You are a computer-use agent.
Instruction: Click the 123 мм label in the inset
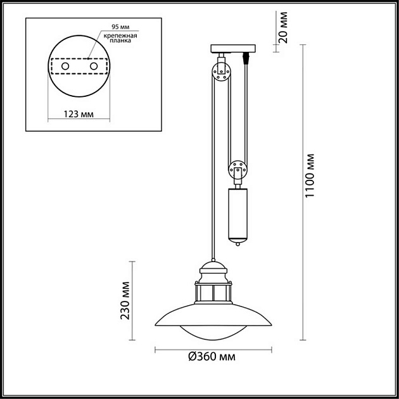[79, 114]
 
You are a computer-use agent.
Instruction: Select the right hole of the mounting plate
[94, 65]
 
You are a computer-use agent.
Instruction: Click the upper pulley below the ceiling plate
[220, 73]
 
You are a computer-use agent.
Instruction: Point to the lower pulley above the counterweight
[238, 171]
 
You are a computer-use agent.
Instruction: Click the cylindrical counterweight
[238, 213]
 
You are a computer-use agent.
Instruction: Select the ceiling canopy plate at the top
[232, 49]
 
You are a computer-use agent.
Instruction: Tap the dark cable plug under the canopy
[246, 60]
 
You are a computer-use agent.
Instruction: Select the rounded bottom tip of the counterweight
[238, 243]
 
